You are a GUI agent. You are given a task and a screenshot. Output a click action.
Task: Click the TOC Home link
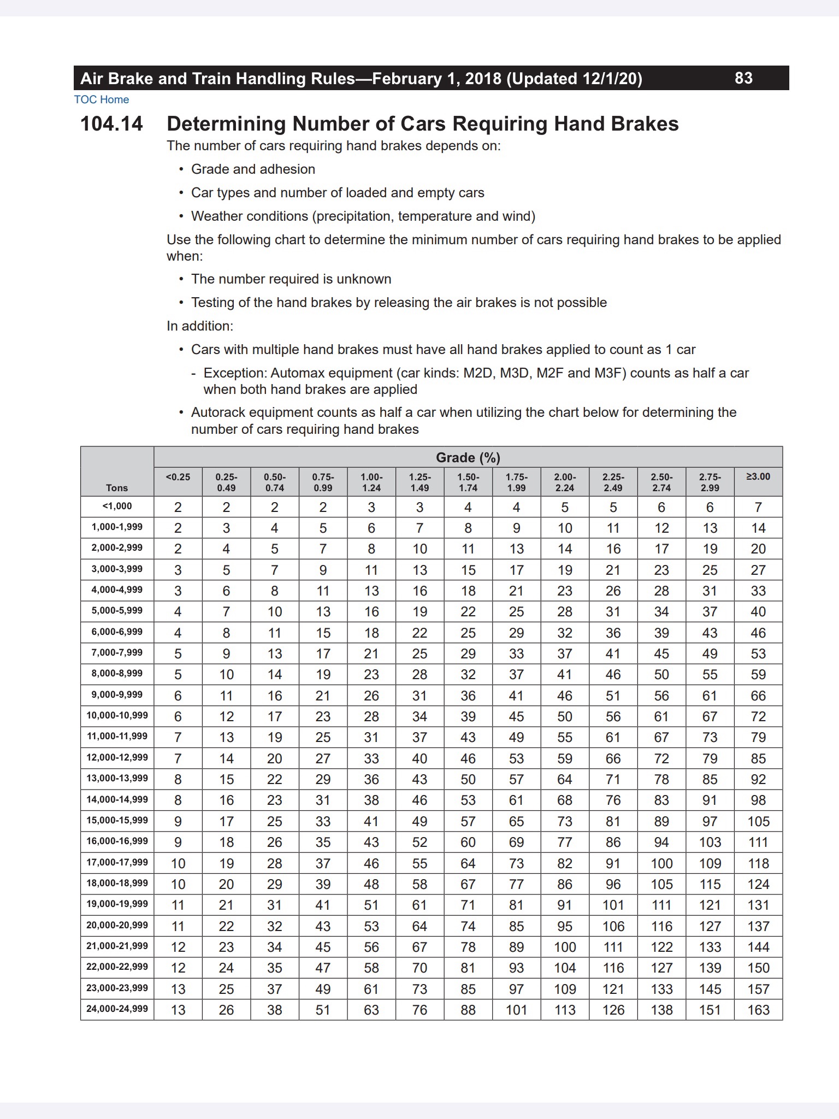[102, 99]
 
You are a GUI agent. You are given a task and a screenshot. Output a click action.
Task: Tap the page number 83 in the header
[743, 78]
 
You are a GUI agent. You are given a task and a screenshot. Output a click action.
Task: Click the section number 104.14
[111, 124]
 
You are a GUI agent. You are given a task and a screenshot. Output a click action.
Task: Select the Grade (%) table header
[468, 457]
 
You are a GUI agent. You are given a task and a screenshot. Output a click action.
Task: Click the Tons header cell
[117, 488]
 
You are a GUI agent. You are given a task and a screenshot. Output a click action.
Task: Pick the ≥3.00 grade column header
[758, 477]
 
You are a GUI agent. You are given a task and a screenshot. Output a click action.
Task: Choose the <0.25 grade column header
[178, 477]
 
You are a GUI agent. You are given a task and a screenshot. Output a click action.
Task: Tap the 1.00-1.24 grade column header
[371, 482]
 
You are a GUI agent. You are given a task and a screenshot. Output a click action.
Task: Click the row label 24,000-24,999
[117, 1009]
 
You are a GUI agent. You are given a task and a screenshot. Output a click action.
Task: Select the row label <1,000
[117, 506]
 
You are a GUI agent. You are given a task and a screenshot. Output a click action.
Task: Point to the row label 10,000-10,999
[117, 715]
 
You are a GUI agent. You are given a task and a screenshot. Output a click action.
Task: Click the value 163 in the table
[758, 1010]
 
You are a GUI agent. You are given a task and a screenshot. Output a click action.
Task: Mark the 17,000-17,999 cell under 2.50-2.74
[661, 863]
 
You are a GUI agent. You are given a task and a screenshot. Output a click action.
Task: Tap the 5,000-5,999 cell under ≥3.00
[758, 612]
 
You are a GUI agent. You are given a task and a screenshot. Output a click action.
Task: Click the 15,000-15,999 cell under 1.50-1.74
[468, 821]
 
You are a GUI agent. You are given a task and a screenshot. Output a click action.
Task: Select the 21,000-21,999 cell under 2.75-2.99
[710, 947]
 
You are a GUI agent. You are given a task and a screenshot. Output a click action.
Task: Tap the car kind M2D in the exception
[477, 373]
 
